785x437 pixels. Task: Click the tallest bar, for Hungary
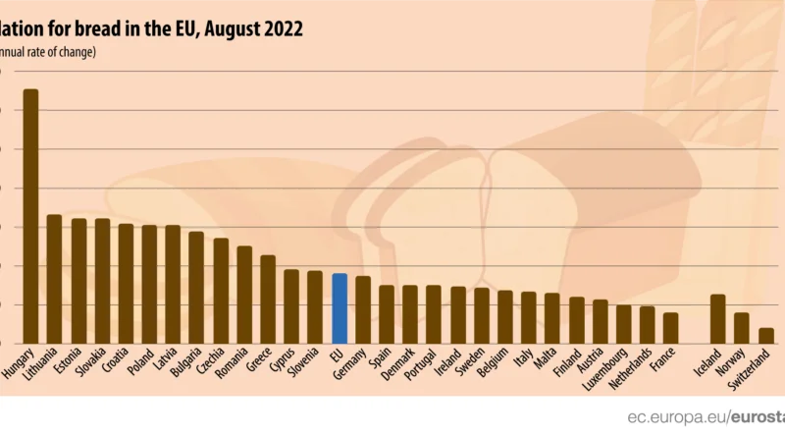pos(30,216)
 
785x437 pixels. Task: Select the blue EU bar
pos(340,308)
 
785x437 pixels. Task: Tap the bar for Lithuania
pos(54,279)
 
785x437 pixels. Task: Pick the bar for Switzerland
pos(765,335)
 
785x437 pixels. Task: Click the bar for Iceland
pos(718,318)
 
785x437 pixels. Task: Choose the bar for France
pos(670,328)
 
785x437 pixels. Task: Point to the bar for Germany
pos(363,309)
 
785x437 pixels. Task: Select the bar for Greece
pos(268,299)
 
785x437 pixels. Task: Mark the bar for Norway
pos(742,328)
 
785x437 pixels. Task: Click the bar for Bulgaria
pos(196,287)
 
